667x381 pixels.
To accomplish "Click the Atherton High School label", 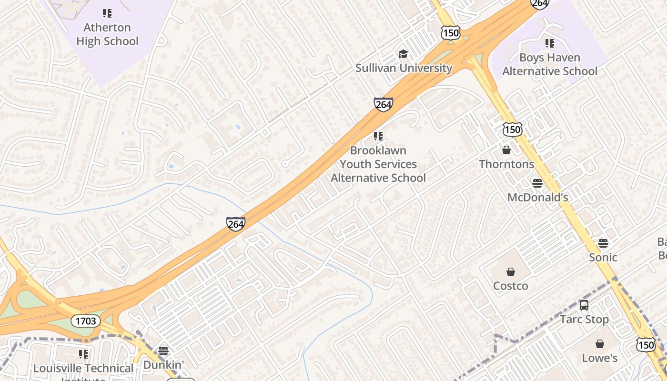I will (x=107, y=34).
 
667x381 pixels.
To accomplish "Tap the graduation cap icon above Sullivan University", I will (x=404, y=54).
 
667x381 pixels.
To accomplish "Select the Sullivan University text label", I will (x=404, y=68).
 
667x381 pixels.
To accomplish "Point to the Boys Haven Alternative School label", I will (x=550, y=64).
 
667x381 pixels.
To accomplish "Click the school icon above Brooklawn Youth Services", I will (x=378, y=137).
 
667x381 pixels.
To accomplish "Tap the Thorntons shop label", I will (x=506, y=164).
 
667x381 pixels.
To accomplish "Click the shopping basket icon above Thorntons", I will (x=506, y=150).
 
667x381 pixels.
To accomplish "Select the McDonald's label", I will (x=537, y=197).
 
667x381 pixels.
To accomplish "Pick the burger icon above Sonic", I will (x=603, y=243).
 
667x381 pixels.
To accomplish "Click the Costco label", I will (x=510, y=286).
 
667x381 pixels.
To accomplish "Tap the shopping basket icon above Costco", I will (x=511, y=272).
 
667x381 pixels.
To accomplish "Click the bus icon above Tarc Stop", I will (x=584, y=305).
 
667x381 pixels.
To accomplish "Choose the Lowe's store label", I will (x=599, y=358).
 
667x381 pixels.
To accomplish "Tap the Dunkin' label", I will (x=163, y=365).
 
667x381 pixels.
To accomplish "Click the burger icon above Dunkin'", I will (x=163, y=351).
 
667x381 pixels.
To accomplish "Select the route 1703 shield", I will (x=86, y=321).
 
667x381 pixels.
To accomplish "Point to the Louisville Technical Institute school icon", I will (x=83, y=354).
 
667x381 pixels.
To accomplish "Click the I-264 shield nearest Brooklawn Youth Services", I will (x=383, y=104).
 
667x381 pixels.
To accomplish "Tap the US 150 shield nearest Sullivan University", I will (x=450, y=32).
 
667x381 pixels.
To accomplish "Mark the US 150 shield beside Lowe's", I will (x=646, y=345).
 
